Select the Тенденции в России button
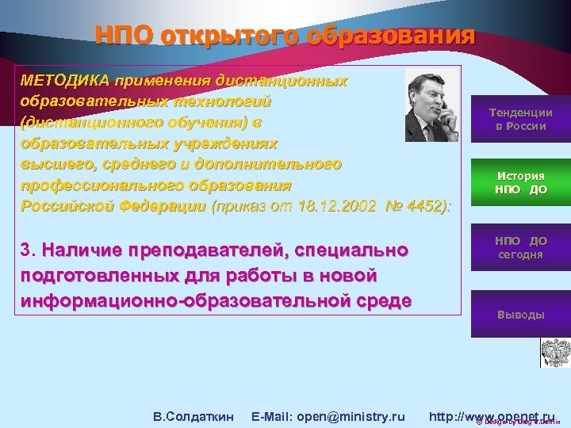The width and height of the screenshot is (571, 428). tap(520, 120)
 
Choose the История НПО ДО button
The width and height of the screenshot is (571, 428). tap(520, 183)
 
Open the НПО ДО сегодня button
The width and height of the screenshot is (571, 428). tap(520, 247)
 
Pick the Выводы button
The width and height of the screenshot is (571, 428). tap(520, 315)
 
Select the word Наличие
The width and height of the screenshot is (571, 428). tap(82, 250)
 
